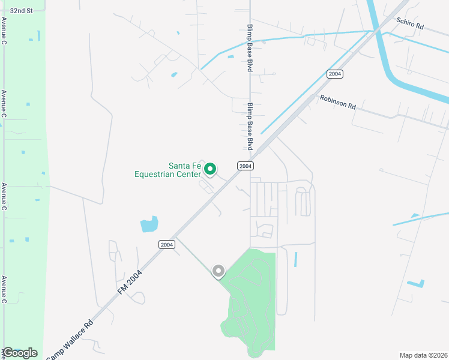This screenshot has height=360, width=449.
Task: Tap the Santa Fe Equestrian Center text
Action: pos(167,170)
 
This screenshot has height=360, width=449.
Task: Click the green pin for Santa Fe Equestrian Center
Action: pos(210,169)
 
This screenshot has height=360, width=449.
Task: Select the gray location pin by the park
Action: pos(218,272)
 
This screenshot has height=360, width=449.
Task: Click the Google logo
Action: pos(20,353)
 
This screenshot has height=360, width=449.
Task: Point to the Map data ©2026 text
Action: pos(423,355)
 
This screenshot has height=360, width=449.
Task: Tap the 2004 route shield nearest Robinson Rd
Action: pos(335,74)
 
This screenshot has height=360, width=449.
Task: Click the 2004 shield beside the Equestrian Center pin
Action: pos(244,166)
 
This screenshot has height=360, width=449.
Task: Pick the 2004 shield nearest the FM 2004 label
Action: pos(167,244)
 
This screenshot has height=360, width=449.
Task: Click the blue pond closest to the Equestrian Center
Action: pos(149,224)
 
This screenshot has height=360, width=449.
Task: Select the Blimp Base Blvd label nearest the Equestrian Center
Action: pos(250,126)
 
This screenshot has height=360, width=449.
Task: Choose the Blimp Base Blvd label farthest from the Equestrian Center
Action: pos(250,49)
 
